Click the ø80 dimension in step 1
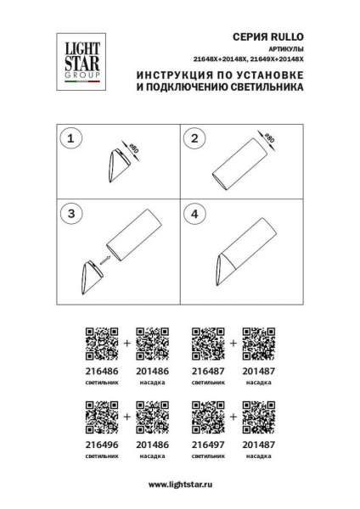click(x=133, y=150)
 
